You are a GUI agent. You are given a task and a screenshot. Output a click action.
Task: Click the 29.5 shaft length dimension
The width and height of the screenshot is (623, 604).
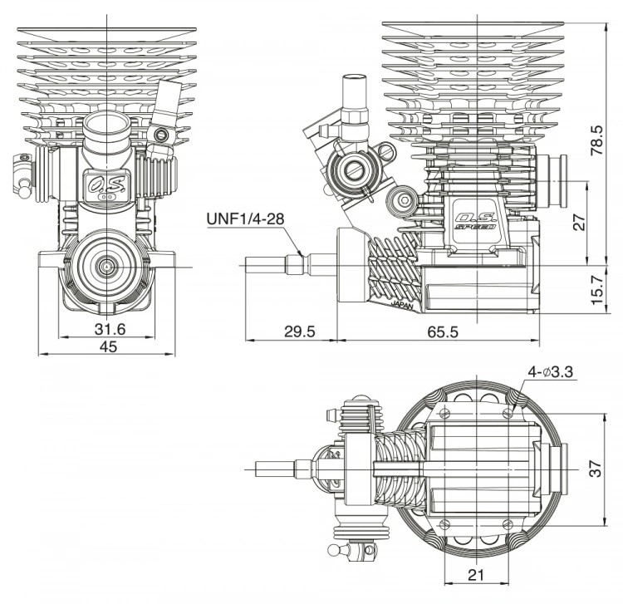tap(299, 331)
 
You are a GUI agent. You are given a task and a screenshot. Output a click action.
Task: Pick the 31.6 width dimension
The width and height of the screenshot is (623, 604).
tap(110, 329)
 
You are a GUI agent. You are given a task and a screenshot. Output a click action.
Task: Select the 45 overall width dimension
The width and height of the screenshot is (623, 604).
tap(108, 347)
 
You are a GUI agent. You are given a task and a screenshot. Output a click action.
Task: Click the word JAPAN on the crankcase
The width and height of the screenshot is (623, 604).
tap(400, 305)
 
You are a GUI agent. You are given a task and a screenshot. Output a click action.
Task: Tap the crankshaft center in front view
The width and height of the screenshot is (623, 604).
tap(109, 265)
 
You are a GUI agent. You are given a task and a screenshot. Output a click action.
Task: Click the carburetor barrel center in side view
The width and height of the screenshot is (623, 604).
tap(349, 170)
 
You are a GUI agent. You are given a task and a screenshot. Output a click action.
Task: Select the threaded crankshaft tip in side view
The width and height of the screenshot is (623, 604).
tap(266, 266)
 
